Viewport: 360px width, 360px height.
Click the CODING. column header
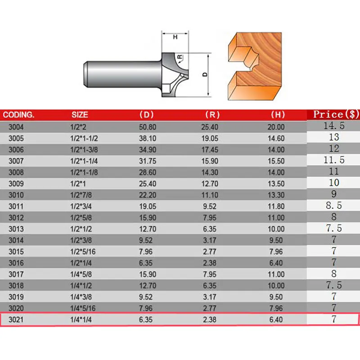tap(18, 115)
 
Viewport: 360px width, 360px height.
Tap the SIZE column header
tap(80, 115)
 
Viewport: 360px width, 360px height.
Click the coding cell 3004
tap(16, 127)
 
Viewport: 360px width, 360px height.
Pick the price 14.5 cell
tap(334, 126)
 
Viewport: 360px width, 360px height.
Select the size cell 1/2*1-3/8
tap(84, 150)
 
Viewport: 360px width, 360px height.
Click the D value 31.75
tap(148, 161)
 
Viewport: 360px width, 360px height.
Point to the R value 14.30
tap(210, 172)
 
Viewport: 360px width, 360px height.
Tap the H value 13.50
tap(276, 184)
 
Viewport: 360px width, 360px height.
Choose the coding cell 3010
tap(16, 195)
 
